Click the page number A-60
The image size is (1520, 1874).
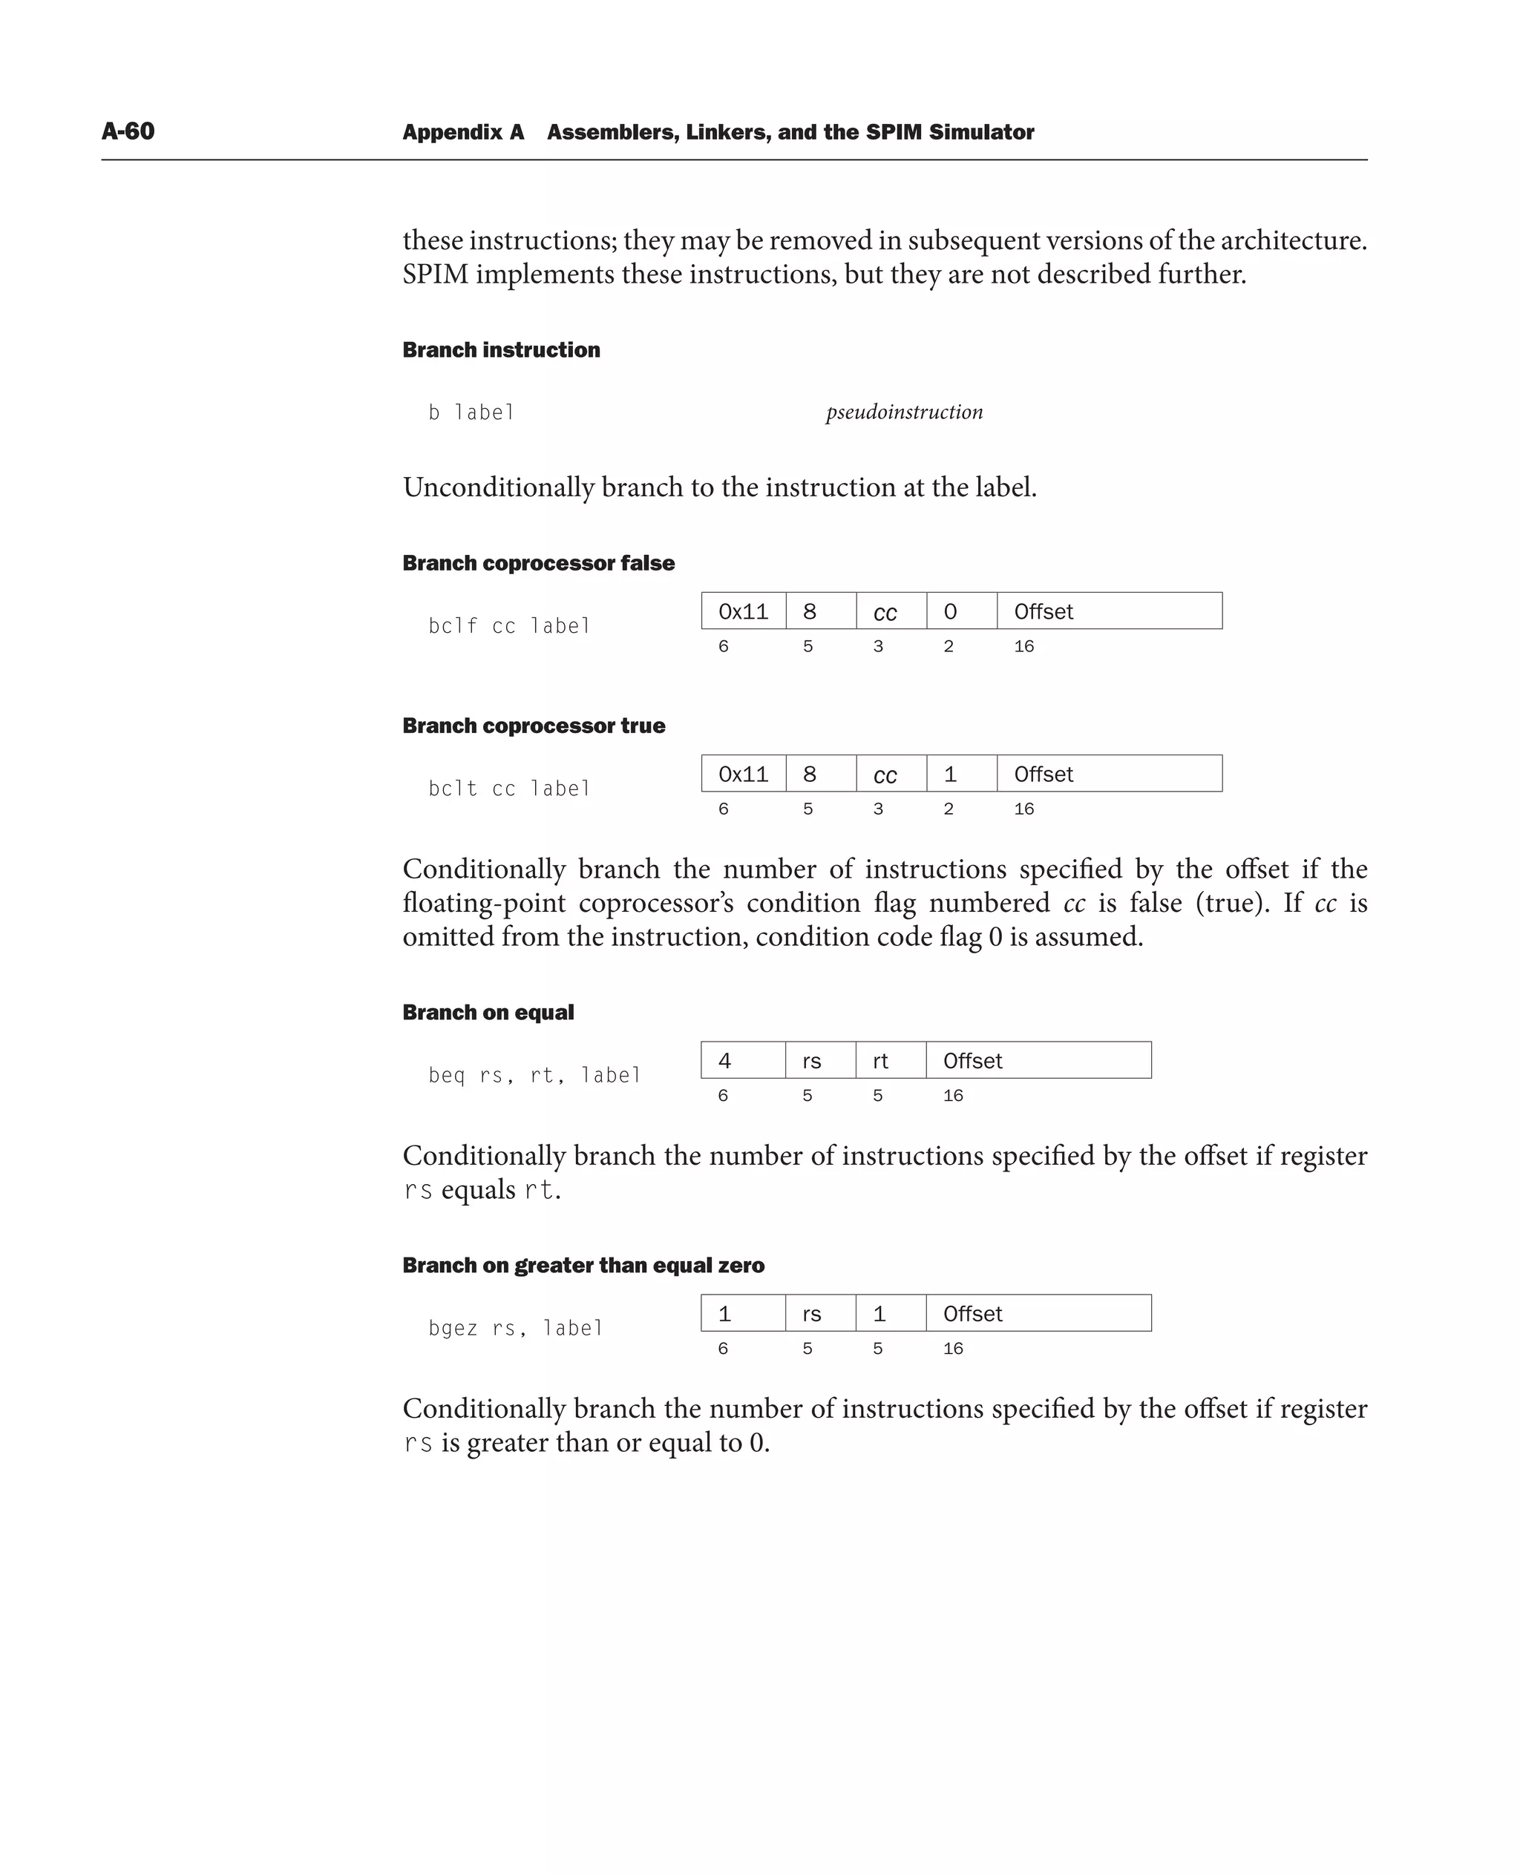128,131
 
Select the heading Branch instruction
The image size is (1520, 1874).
501,350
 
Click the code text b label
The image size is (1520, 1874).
471,412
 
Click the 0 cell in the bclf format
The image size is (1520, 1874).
960,611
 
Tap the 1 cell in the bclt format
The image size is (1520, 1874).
960,774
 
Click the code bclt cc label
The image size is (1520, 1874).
508,789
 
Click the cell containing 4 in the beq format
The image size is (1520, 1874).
741,1061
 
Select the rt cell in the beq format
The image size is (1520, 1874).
890,1061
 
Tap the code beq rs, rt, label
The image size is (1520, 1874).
534,1075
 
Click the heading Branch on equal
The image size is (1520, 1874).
488,1013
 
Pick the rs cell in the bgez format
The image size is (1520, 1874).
819,1314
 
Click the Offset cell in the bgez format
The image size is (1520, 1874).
1038,1314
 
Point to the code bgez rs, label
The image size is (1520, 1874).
516,1329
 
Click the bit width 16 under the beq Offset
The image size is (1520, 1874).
953,1096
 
